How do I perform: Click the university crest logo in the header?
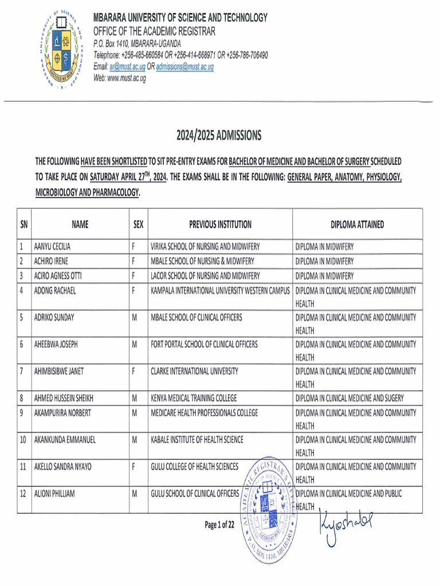click(60, 50)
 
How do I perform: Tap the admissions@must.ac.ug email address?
click(184, 67)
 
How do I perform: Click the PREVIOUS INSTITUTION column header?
click(220, 225)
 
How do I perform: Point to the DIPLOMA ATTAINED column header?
click(357, 225)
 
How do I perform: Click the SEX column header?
click(138, 225)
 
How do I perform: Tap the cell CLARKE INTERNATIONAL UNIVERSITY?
click(194, 371)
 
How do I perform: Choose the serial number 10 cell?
click(23, 439)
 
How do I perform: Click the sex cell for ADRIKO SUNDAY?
click(135, 317)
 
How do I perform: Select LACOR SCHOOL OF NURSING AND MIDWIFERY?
click(205, 276)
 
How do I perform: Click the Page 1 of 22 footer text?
click(219, 524)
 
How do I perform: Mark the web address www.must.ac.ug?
click(120, 78)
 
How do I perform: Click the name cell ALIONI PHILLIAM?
click(58, 493)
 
